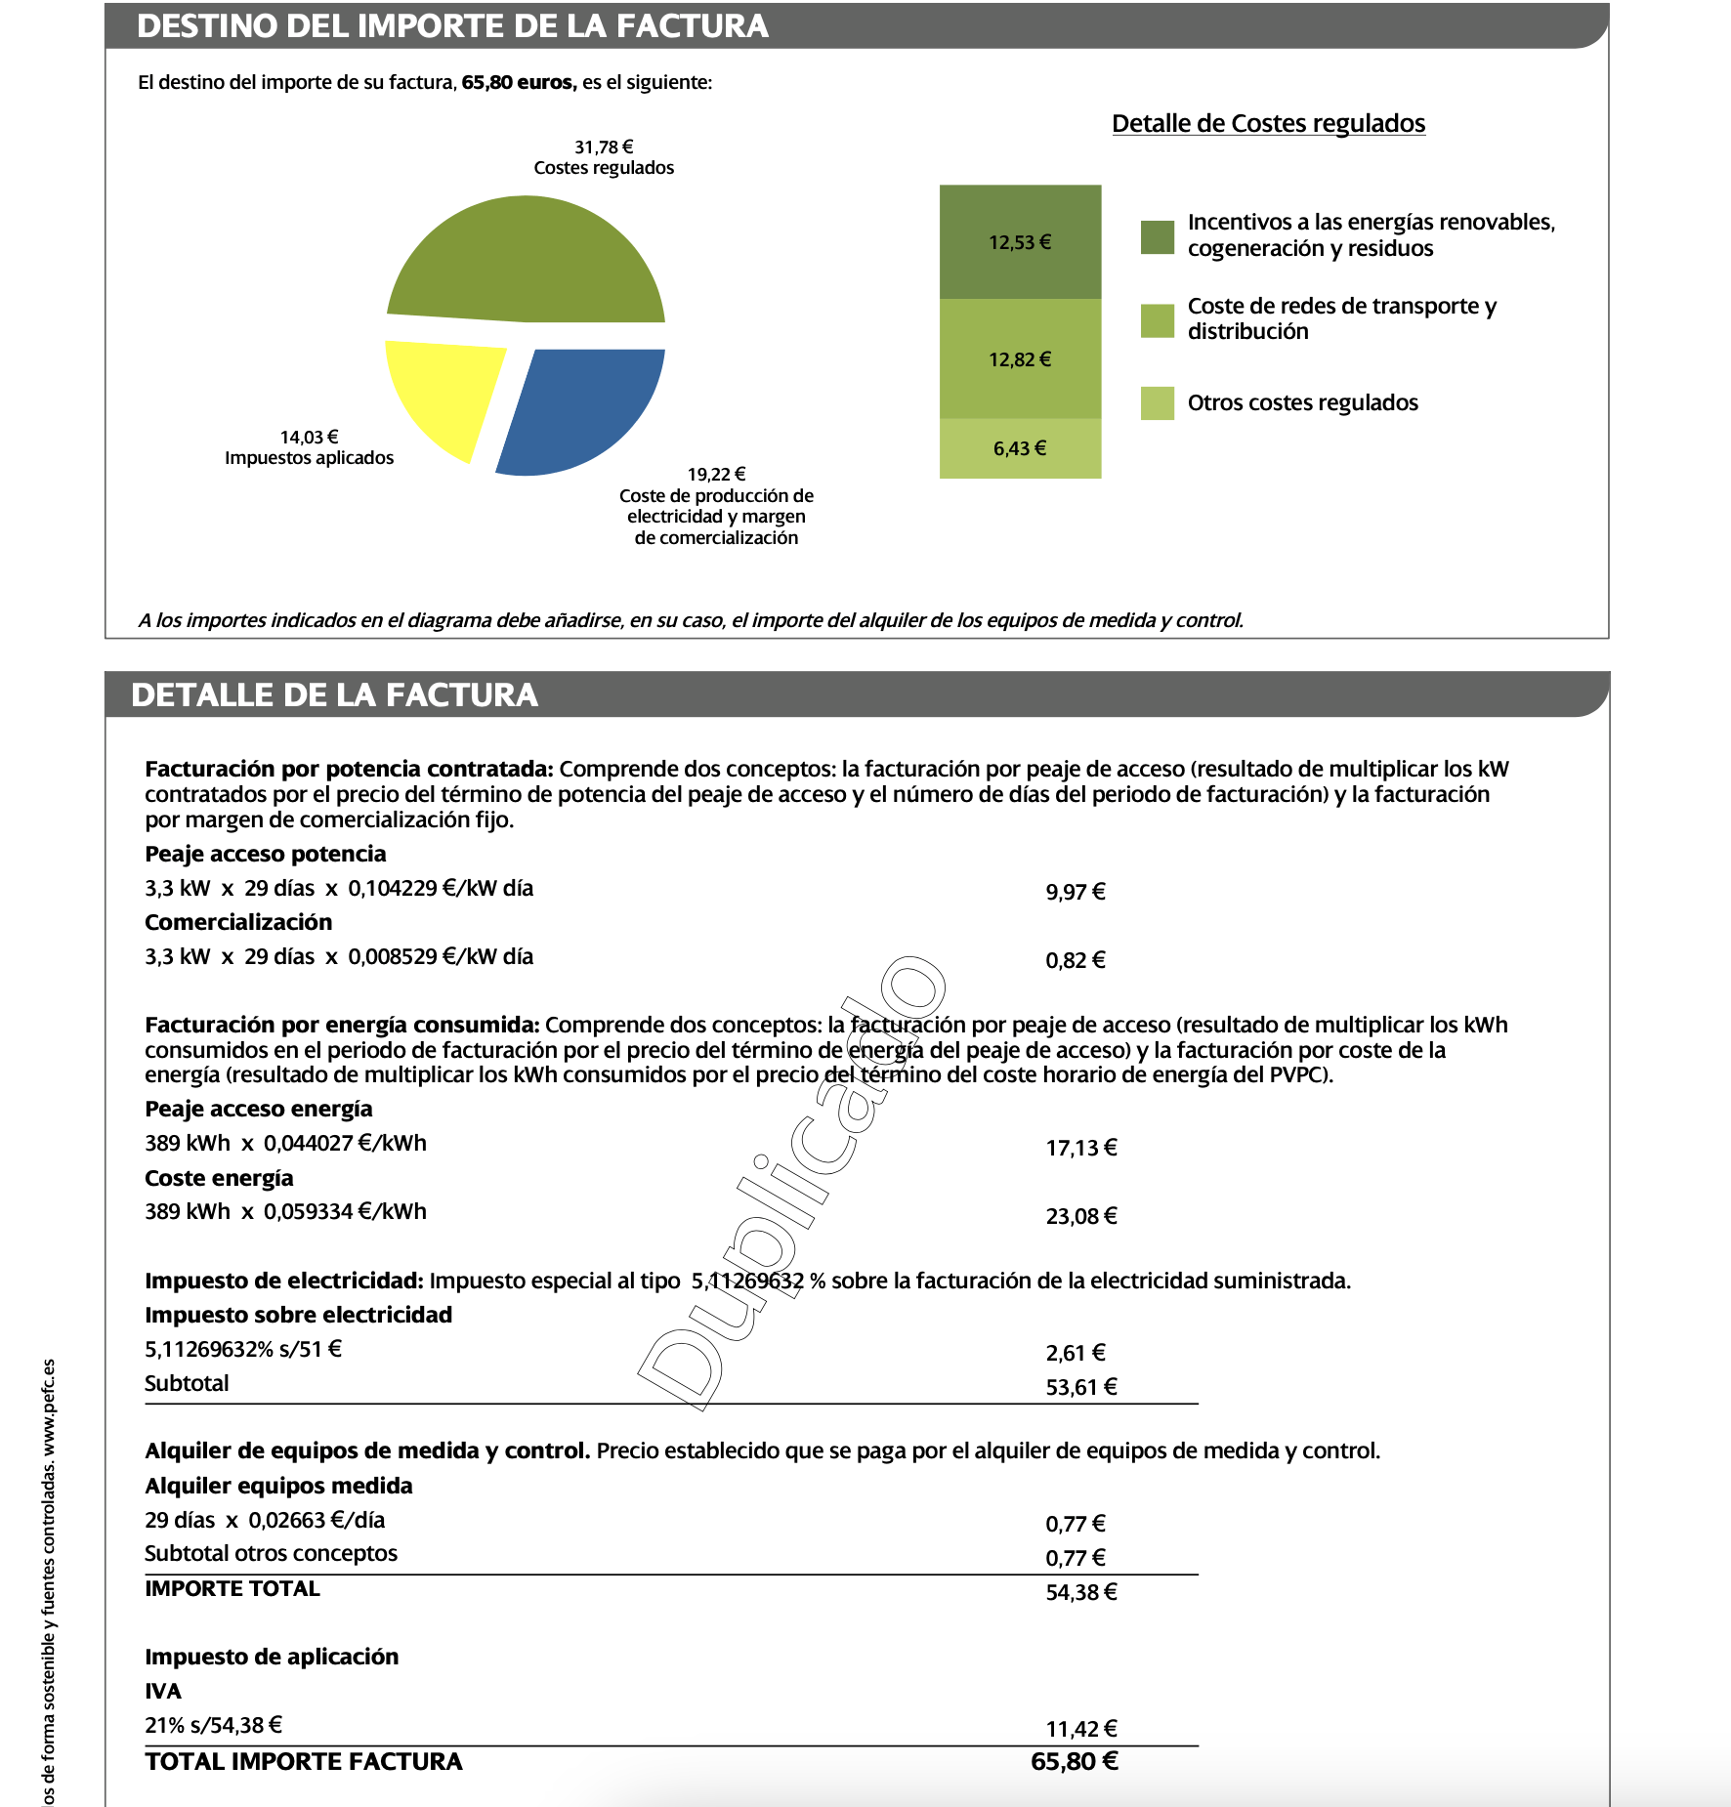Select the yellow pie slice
tap(440, 391)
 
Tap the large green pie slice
tap(528, 259)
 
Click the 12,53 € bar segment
tap(1020, 241)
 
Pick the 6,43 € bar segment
tap(1020, 448)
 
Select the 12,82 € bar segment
tap(1020, 358)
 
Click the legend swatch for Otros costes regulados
tap(1157, 403)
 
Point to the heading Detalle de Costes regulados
tap(1268, 123)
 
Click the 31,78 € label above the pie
tap(603, 147)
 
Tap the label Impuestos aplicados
tap(309, 457)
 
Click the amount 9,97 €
tap(1075, 892)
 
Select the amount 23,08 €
tap(1080, 1216)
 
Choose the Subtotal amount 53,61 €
tap(1080, 1387)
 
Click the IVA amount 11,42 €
tap(1080, 1729)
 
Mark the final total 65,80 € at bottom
tap(1074, 1761)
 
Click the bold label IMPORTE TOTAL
tap(232, 1588)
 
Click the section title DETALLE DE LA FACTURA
tap(334, 694)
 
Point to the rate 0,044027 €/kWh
tap(345, 1143)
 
